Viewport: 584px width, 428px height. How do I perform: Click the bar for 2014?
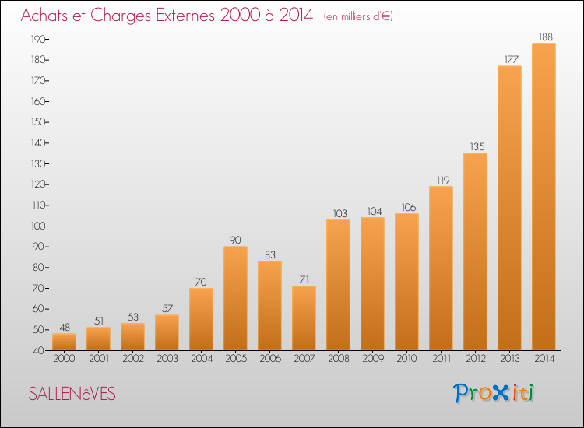point(544,197)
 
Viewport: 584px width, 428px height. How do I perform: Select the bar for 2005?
point(235,298)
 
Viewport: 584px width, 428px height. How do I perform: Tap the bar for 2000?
point(64,342)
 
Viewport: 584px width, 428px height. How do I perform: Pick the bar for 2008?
point(338,285)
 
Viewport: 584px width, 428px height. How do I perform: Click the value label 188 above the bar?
point(546,37)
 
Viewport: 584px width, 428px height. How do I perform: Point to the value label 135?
point(477,146)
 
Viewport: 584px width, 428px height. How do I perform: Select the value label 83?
point(270,255)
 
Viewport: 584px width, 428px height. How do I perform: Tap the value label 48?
point(65,327)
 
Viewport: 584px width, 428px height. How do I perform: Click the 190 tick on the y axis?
point(38,40)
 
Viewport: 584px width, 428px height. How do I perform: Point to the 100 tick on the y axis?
point(38,226)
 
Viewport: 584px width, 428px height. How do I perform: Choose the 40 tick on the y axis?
point(39,351)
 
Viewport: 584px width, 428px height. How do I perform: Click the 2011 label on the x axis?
point(442,359)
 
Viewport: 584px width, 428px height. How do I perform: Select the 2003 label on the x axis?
point(167,359)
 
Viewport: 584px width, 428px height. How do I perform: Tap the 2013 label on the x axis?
point(510,359)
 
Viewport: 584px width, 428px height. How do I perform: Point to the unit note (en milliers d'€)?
point(358,16)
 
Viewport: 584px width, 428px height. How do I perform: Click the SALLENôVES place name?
point(72,394)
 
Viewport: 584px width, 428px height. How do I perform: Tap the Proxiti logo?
point(494,393)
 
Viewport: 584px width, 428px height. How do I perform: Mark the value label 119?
point(443,180)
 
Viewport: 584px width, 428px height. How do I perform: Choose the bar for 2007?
point(304,317)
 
